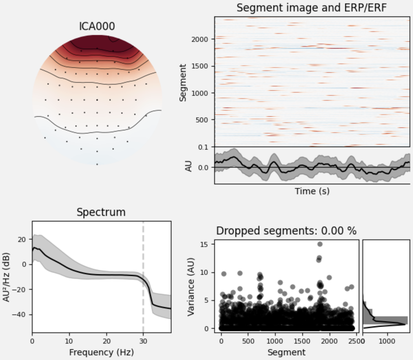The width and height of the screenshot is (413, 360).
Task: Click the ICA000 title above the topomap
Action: (x=97, y=26)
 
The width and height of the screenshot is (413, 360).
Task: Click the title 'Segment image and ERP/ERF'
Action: (x=312, y=7)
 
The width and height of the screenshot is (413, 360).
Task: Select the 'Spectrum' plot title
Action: (x=101, y=212)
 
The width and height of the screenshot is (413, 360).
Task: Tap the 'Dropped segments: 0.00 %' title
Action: (x=286, y=231)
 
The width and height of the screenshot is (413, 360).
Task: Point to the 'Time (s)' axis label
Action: (x=312, y=191)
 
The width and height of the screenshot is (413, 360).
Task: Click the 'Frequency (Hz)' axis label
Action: (x=101, y=352)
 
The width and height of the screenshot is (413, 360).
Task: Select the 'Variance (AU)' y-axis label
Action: (x=191, y=287)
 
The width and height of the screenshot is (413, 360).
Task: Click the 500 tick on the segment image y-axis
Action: (x=202, y=120)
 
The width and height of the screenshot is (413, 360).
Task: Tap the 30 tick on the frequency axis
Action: (x=143, y=341)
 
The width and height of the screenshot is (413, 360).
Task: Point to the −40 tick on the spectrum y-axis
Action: (x=19, y=315)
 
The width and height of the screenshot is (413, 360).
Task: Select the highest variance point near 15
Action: (x=320, y=244)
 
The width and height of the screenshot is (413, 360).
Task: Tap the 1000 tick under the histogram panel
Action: (x=387, y=341)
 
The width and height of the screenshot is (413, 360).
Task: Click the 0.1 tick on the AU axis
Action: (x=203, y=147)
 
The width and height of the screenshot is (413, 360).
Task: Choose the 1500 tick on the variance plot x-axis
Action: (x=302, y=341)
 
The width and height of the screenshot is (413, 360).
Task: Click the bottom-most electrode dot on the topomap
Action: (x=97, y=164)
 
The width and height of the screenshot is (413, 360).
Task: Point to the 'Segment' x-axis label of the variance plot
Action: (x=286, y=352)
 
